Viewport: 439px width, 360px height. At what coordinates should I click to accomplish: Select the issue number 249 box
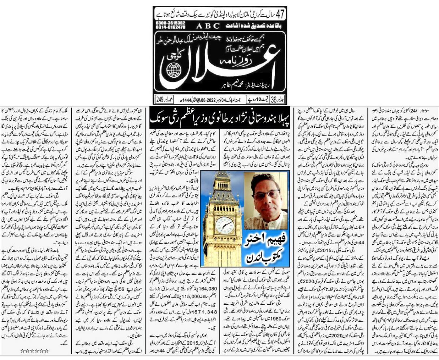[160, 99]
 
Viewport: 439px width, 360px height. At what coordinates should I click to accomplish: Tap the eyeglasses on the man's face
[265, 194]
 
